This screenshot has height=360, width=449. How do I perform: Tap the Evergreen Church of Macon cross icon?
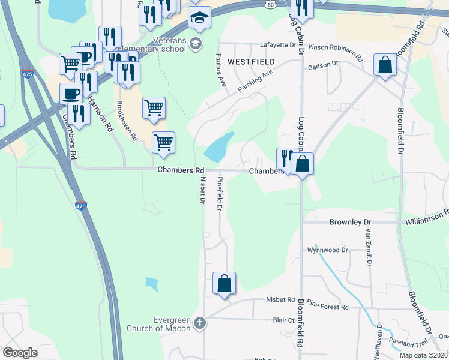point(200,323)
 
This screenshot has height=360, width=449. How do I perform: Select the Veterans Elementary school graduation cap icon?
point(199,19)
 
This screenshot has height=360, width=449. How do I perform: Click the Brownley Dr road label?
point(346,222)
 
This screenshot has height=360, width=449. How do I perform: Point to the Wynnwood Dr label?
point(327,250)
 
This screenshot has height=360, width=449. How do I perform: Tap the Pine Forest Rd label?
point(327,306)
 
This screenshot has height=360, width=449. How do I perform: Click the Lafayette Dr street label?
point(278,44)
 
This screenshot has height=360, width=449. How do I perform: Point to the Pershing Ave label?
point(255,80)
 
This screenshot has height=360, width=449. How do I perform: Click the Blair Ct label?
point(283,320)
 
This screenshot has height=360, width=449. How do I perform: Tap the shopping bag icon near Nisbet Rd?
point(224,283)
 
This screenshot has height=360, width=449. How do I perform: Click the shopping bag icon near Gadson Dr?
point(384,65)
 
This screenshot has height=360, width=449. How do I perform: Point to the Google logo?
point(20,353)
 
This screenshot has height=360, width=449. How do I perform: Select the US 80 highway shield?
point(271,4)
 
